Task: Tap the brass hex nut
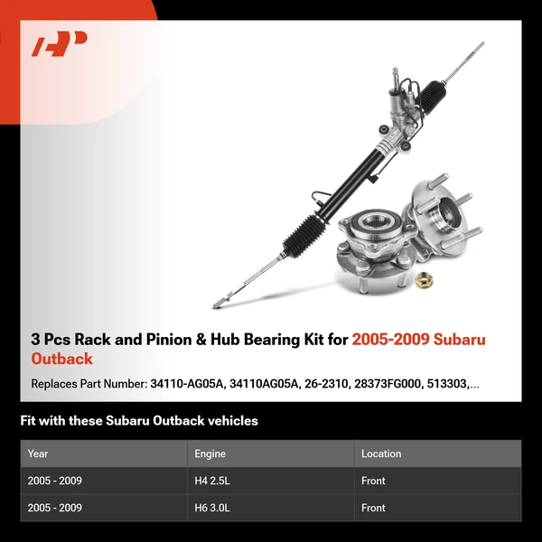point(424,281)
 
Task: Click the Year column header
point(38,453)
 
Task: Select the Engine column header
point(210,453)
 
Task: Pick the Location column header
point(381,453)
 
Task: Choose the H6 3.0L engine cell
point(212,508)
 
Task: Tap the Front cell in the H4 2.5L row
point(373,481)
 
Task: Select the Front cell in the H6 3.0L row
point(373,508)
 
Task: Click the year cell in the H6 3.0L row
point(55,508)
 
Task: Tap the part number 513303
point(449,384)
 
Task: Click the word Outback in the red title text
point(61,359)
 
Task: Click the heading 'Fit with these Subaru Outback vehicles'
point(139,421)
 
